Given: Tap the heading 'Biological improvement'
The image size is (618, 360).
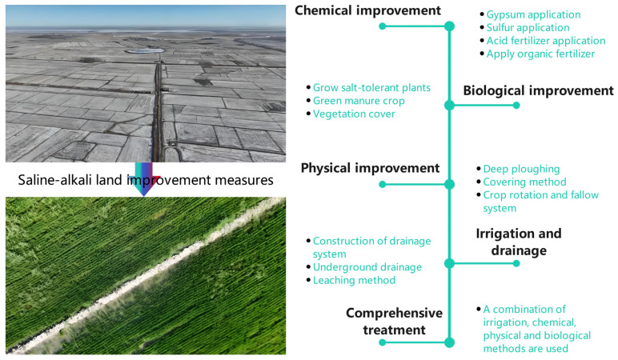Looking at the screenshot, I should [538, 90].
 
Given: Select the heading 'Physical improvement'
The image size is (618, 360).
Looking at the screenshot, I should [370, 168].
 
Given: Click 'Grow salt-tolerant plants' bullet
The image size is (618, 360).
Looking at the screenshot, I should [371, 87].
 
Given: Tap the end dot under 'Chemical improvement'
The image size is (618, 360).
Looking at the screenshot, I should [383, 26].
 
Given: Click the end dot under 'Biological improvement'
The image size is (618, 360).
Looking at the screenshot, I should [516, 105].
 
